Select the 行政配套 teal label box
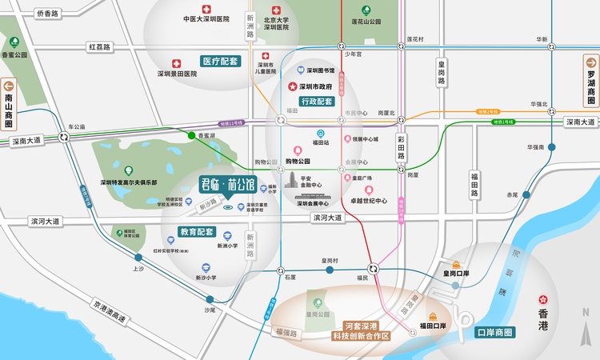[x=317, y=102]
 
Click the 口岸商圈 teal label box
[x=494, y=332]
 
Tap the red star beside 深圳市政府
[x=293, y=86]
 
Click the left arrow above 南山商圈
[x=10, y=86]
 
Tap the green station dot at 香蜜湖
[x=191, y=136]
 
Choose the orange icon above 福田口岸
[x=433, y=315]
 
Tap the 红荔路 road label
[x=100, y=47]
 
